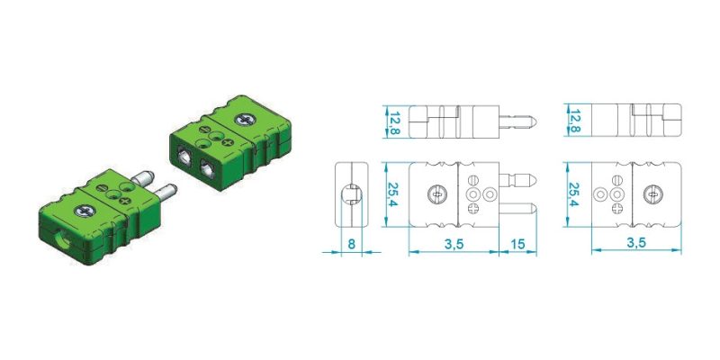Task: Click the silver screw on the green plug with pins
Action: coord(85,211)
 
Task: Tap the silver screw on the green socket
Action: coord(245,120)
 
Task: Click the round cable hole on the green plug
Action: coord(63,240)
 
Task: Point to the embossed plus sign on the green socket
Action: coord(228,142)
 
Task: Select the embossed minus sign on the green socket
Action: coord(206,130)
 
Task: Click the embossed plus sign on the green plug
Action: coord(125,201)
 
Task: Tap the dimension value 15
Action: coord(517,244)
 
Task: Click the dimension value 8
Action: coord(351,244)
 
